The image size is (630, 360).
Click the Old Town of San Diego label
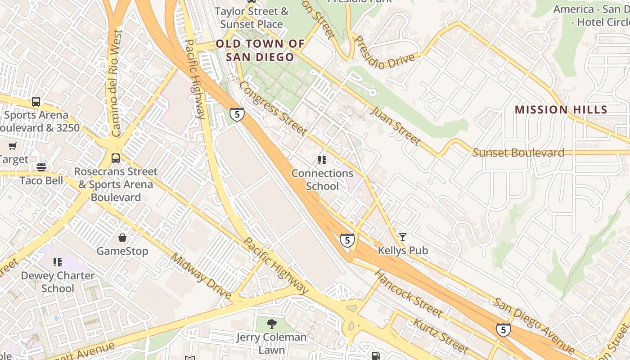coord(260,50)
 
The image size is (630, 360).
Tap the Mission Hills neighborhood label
coord(561,109)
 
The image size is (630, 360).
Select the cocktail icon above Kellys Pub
coord(402,237)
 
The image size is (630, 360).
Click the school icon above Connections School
coord(322,160)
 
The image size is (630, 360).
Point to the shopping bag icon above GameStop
coord(122,237)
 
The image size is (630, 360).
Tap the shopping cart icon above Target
coord(12,146)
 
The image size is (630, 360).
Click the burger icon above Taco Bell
coord(41,167)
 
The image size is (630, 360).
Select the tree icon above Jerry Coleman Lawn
coord(271,324)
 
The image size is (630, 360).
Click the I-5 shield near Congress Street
coord(237,114)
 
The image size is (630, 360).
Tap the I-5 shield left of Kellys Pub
coord(346,240)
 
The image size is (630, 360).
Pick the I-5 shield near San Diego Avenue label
coord(503,330)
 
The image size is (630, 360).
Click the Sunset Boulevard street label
coord(518,153)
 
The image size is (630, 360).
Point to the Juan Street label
coord(395,126)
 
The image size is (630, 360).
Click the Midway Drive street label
coord(201,276)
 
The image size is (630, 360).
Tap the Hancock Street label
coord(408,293)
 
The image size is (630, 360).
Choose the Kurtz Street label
coord(441,335)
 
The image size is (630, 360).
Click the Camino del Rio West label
coord(116,83)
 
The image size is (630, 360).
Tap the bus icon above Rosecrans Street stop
coord(116,158)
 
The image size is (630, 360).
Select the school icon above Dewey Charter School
coord(57,262)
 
